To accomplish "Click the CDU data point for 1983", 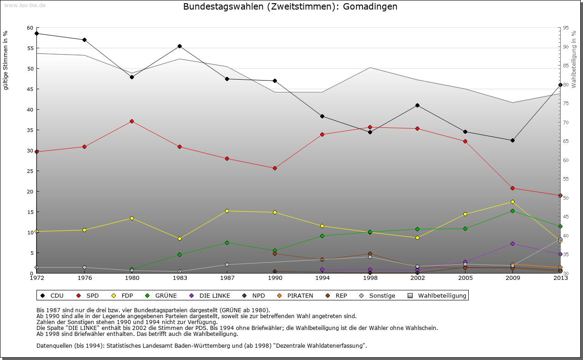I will tap(179, 46).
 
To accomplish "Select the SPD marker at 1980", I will tap(132, 121).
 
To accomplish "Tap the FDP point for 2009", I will tap(512, 202).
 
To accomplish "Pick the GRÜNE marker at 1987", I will tap(227, 243).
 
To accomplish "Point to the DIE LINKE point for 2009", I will tap(512, 243).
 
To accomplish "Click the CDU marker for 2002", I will tap(417, 105).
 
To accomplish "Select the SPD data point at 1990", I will tap(275, 168).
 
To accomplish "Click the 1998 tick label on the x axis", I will tap(370, 278).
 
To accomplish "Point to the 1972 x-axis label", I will tap(36, 278).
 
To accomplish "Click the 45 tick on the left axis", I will tap(30, 89).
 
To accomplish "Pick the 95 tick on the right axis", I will tap(566, 28).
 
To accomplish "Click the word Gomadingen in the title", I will tap(372, 7).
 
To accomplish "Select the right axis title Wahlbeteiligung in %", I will tap(573, 59).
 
